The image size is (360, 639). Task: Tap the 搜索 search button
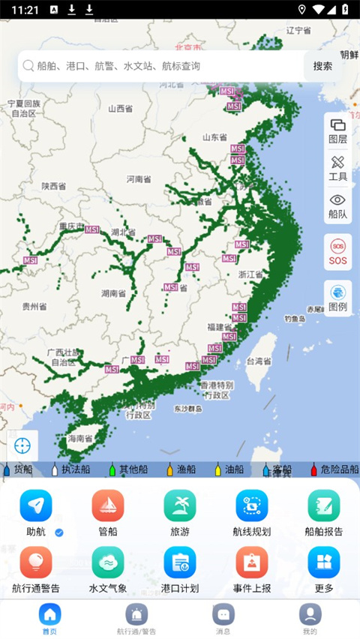pyautogui.click(x=322, y=66)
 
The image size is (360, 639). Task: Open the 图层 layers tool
pyautogui.click(x=337, y=130)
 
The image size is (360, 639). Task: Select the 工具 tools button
pyautogui.click(x=337, y=167)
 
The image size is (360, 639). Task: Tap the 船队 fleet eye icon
pyautogui.click(x=337, y=205)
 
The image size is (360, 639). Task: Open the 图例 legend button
pyautogui.click(x=337, y=298)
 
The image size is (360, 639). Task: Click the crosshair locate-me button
pyautogui.click(x=22, y=445)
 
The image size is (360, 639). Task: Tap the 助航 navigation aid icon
pyautogui.click(x=36, y=505)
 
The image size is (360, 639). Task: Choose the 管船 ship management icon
pyautogui.click(x=108, y=505)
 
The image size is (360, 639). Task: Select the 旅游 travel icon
pyautogui.click(x=180, y=505)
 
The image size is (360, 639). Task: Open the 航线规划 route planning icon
pyautogui.click(x=252, y=505)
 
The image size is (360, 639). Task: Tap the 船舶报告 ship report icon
pyautogui.click(x=324, y=505)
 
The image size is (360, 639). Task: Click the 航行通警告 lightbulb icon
pyautogui.click(x=36, y=562)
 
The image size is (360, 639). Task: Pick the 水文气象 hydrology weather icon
pyautogui.click(x=108, y=562)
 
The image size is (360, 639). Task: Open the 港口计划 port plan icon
pyautogui.click(x=180, y=562)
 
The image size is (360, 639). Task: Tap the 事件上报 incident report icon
pyautogui.click(x=252, y=562)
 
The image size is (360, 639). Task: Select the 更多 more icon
pyautogui.click(x=324, y=562)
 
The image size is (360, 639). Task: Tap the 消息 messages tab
pyautogui.click(x=223, y=618)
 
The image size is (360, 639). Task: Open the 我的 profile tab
pyautogui.click(x=310, y=618)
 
